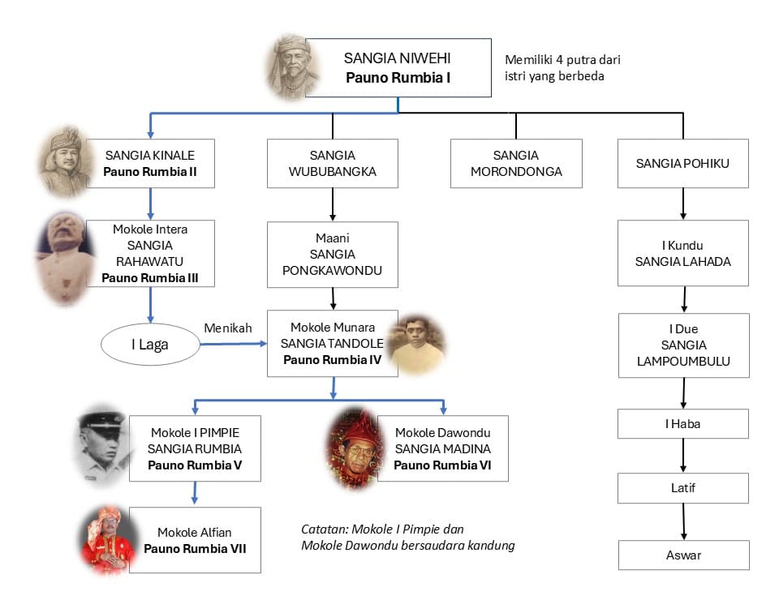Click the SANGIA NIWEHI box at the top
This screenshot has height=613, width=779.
[x=398, y=68]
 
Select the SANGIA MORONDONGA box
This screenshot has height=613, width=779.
[x=516, y=163]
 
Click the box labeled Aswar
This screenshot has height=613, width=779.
[x=683, y=555]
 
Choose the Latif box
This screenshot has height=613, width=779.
[x=683, y=488]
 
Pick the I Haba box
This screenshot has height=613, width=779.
[x=683, y=423]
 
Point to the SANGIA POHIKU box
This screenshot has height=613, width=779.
[x=683, y=163]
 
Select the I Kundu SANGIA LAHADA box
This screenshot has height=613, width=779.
[x=683, y=254]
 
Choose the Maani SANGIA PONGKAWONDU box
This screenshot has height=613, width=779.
[x=333, y=255]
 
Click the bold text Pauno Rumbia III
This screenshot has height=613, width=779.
[x=150, y=277]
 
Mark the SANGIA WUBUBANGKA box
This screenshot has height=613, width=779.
[x=333, y=163]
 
